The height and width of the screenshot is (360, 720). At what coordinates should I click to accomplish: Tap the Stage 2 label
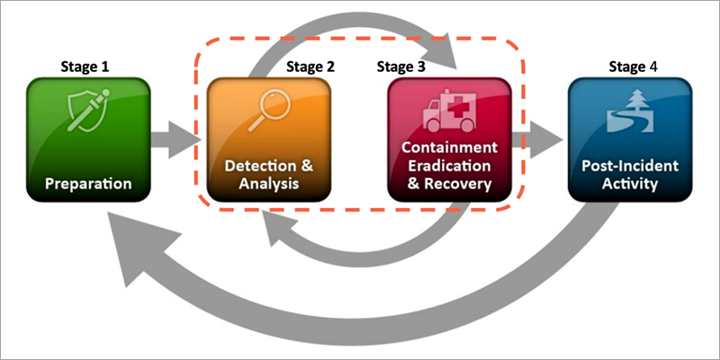pyautogui.click(x=310, y=66)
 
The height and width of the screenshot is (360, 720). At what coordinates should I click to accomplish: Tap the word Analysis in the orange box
pyautogui.click(x=269, y=186)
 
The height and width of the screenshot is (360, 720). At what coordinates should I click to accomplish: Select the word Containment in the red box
pyautogui.click(x=449, y=147)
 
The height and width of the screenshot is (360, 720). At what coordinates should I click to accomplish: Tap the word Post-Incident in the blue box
pyautogui.click(x=630, y=166)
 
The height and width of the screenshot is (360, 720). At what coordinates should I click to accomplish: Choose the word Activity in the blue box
pyautogui.click(x=630, y=184)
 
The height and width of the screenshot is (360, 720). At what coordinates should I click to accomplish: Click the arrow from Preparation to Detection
pyautogui.click(x=177, y=141)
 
